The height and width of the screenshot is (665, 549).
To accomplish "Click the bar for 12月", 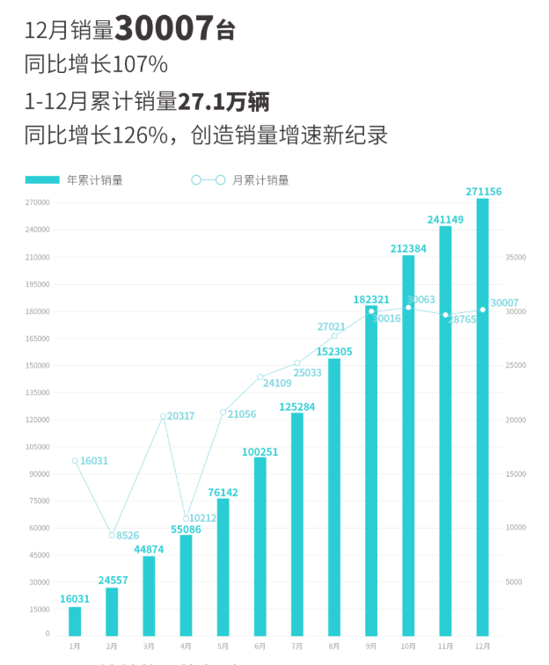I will click(482, 417).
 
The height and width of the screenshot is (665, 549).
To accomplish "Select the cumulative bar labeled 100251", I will click(260, 545).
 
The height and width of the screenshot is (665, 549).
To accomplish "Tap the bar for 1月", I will click(75, 621).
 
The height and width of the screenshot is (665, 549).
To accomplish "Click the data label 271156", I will click(482, 191).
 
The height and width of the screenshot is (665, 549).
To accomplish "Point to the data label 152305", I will click(334, 351).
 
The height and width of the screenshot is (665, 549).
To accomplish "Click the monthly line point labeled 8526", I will click(113, 535).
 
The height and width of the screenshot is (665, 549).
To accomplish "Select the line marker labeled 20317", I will click(163, 416).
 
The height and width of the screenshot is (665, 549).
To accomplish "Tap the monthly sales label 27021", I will click(332, 326).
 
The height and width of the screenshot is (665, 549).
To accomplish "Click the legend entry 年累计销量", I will click(94, 180).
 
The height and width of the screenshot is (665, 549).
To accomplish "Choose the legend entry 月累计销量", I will click(260, 180).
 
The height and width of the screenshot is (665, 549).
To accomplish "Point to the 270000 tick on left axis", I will click(37, 203).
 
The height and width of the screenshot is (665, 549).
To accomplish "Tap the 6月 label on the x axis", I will click(260, 646).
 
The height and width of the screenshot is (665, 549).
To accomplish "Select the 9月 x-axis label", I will click(371, 646).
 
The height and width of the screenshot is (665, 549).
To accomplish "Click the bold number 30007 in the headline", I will click(165, 30).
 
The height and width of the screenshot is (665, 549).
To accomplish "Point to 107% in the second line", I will click(141, 65).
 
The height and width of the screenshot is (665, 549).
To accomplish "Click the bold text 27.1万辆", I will click(223, 100).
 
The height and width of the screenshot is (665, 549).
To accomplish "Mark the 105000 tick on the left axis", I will click(37, 447).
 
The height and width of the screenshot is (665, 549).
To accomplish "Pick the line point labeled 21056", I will click(223, 412).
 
